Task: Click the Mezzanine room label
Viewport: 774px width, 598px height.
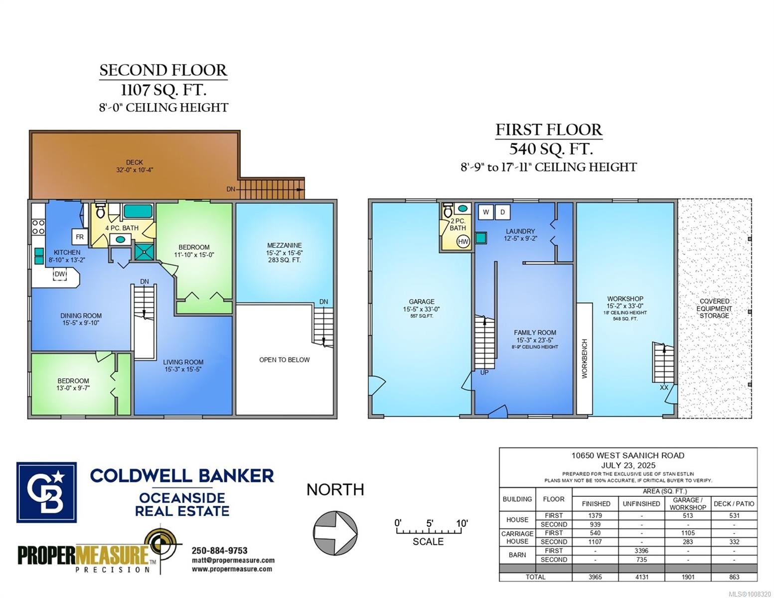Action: coord(284,246)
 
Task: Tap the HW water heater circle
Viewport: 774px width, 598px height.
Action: coord(463,242)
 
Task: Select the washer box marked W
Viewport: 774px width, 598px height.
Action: coord(486,212)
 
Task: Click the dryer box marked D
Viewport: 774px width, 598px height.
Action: coord(502,212)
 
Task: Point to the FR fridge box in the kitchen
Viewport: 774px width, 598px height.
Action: coord(80,237)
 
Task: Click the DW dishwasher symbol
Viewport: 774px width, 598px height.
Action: coord(60,274)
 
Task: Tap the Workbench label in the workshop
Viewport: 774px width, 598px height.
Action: coord(585,359)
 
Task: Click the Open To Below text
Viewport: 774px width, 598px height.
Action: coord(284,360)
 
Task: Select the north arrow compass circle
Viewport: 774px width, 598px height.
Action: coord(335,532)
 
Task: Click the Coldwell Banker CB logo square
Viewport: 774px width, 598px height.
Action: coord(46,492)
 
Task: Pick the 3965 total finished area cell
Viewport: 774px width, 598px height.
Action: coord(595,577)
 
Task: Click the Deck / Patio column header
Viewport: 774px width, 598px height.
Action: coord(734,504)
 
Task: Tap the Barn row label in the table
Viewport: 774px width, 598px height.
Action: coord(517,555)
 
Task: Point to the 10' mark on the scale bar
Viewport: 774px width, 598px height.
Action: coord(462,524)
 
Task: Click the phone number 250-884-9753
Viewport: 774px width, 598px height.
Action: coord(219,551)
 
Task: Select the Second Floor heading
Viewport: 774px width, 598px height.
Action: coord(163,70)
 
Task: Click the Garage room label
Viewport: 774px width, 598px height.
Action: coord(422,301)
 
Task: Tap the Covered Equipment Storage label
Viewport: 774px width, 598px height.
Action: coord(714,308)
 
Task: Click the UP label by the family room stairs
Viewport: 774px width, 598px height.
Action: coord(484,372)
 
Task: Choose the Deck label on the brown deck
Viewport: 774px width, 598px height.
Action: coord(134,162)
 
